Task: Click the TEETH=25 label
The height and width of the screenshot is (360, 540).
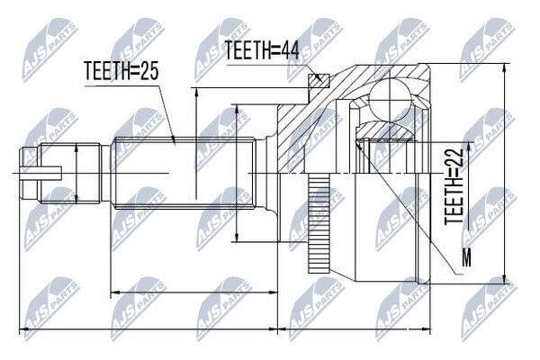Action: (x=121, y=70)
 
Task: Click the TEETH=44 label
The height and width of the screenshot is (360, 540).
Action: (x=262, y=50)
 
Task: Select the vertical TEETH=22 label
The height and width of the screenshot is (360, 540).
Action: (x=454, y=187)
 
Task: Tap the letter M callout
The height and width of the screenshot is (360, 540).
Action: (x=466, y=257)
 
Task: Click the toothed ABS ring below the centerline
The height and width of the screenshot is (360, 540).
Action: (x=319, y=224)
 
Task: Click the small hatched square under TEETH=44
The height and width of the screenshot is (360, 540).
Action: (x=319, y=80)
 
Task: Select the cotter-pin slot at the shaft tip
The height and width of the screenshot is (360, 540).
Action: (x=41, y=173)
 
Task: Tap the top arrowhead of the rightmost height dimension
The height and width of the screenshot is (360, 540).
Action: (x=505, y=67)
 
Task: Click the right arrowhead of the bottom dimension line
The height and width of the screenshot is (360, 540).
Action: (x=427, y=329)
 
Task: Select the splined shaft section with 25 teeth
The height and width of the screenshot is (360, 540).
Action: (x=184, y=173)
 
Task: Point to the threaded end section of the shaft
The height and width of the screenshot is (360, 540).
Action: (x=70, y=173)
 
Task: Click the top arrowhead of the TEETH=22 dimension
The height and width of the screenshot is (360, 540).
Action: (x=469, y=146)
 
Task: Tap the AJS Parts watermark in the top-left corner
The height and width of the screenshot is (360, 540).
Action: (x=50, y=50)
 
